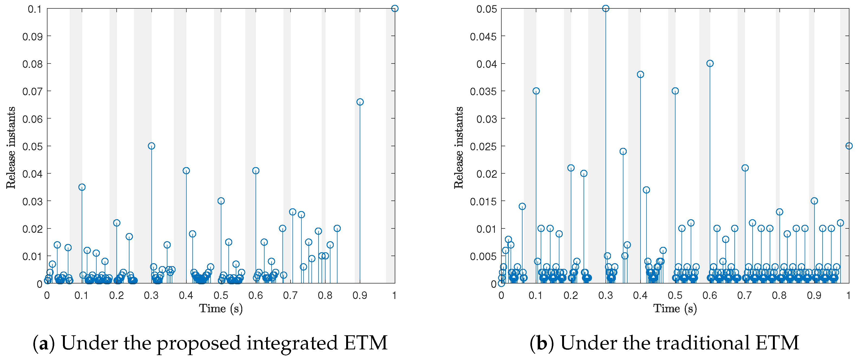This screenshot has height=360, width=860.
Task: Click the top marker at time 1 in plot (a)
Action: pos(395,8)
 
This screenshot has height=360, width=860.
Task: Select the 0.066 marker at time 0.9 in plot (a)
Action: pos(360,102)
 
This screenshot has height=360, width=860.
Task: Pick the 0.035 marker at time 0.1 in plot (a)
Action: pos(82,187)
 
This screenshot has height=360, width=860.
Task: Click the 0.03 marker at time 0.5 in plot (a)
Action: pos(221,201)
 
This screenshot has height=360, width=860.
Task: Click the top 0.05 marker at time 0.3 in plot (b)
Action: pos(606,8)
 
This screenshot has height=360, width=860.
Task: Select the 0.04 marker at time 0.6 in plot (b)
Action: pos(710,63)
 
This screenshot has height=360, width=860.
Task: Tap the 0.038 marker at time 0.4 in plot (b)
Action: pos(640,75)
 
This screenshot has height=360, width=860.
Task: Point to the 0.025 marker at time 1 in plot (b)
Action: pos(849,146)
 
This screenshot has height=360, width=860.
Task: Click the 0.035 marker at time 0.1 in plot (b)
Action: pos(536,91)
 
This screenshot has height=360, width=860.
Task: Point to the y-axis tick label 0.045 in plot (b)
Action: pos(483,36)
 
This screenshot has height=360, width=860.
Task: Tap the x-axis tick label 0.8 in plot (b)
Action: pos(779,295)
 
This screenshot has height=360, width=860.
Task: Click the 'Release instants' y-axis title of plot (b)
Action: pos(458,148)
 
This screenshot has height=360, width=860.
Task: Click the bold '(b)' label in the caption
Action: pos(542,343)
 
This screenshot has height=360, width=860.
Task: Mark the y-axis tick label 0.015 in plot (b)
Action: pos(483,201)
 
